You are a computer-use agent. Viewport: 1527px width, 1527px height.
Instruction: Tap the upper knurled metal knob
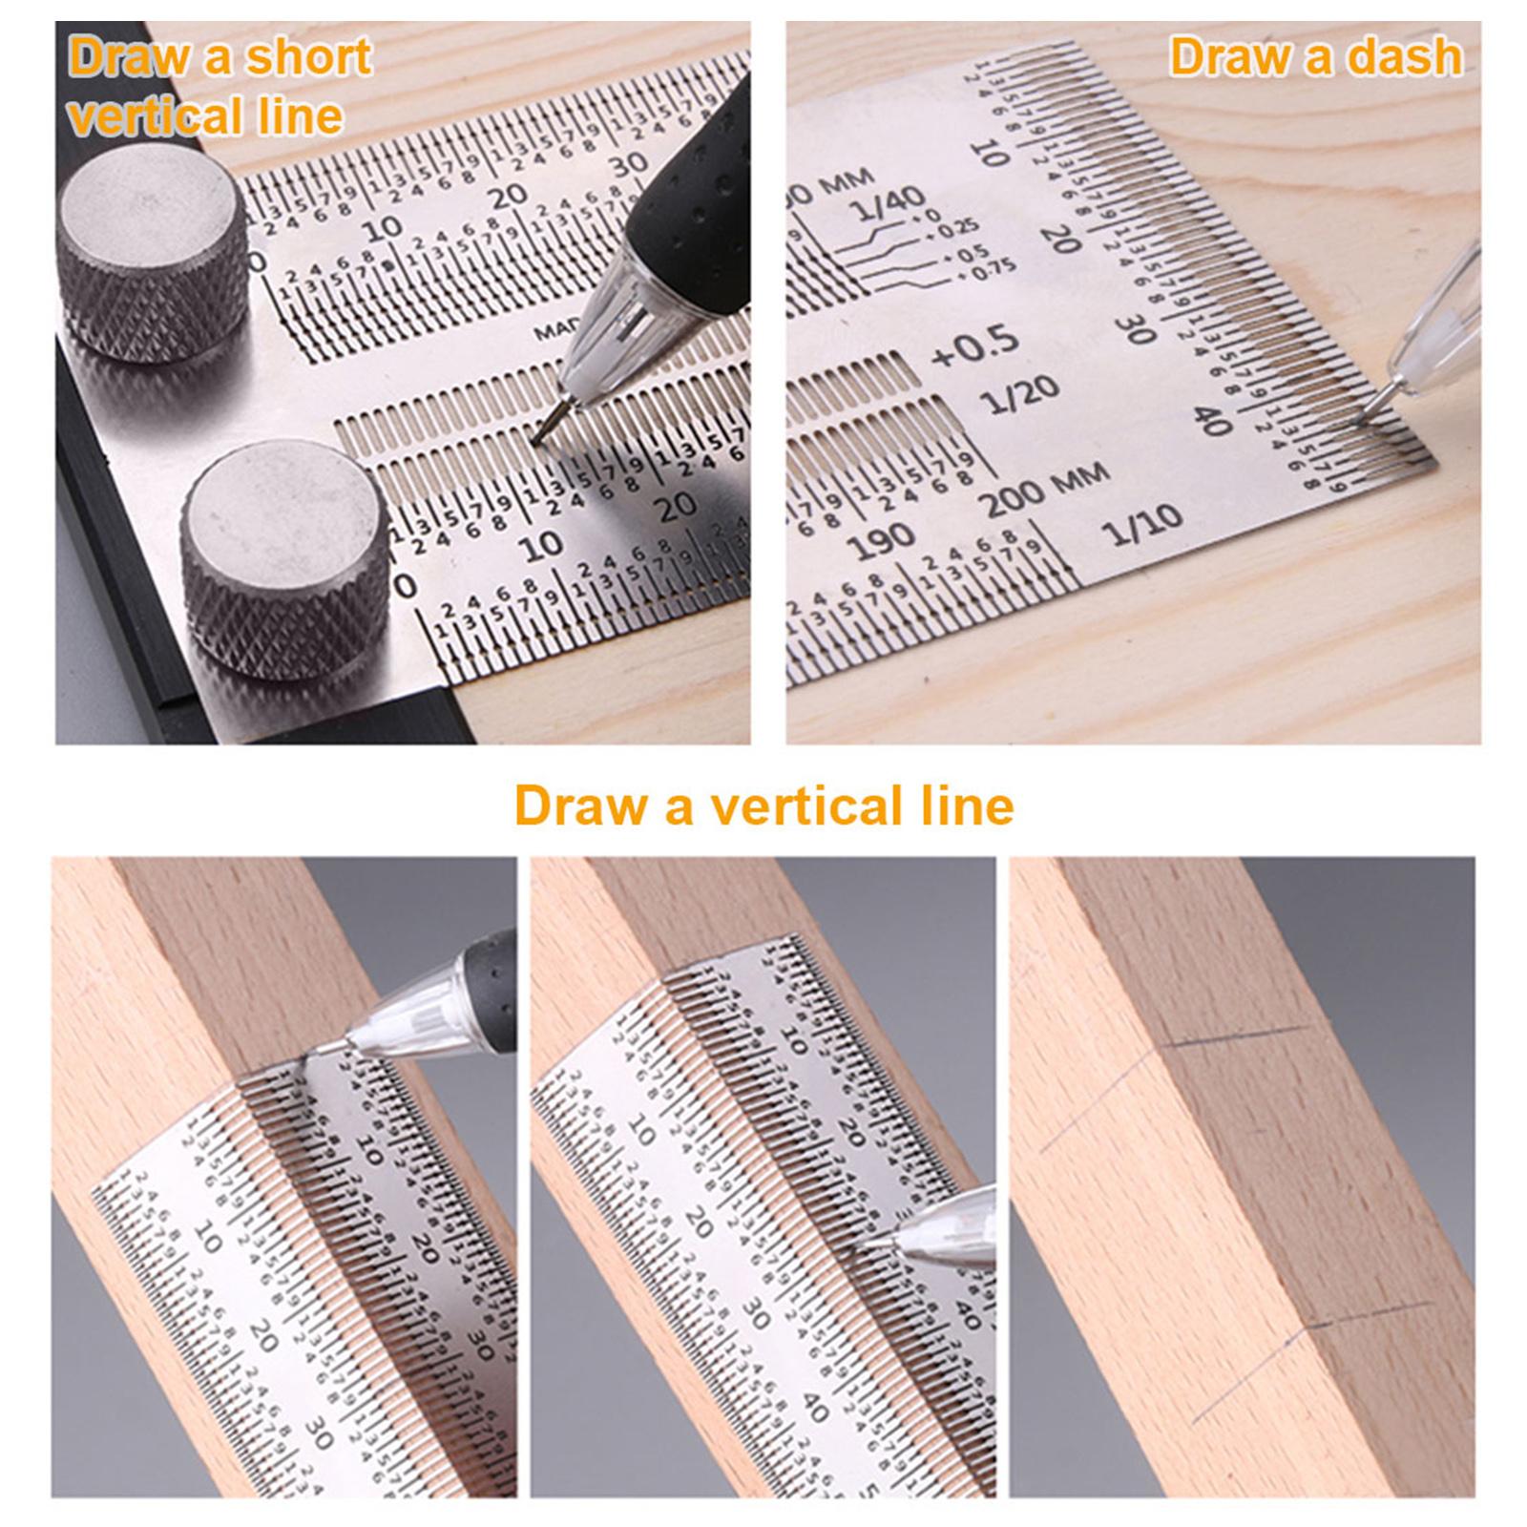153,241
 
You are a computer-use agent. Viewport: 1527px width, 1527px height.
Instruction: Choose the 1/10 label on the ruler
1143,525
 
